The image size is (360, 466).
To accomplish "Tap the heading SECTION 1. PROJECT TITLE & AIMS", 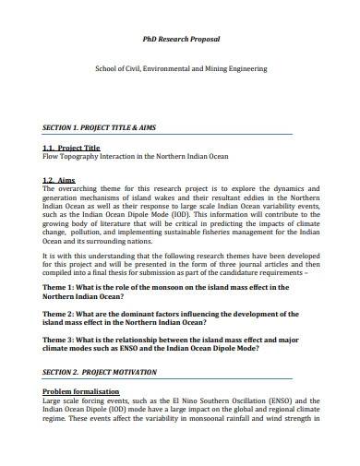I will pos(103,126).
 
